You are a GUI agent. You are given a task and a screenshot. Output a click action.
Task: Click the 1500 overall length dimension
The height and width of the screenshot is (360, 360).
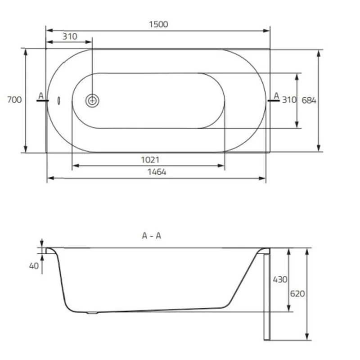(x=158, y=24)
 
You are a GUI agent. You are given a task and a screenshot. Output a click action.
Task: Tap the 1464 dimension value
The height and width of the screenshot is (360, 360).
(x=157, y=172)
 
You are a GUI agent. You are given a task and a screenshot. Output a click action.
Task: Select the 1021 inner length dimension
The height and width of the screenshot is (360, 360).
(x=150, y=160)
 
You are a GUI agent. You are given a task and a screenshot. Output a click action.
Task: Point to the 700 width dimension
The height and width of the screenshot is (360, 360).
(x=14, y=99)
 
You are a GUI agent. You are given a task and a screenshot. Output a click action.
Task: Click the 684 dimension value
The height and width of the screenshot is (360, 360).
(x=309, y=100)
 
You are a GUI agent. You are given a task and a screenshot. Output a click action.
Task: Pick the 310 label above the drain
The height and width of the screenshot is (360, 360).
(x=70, y=36)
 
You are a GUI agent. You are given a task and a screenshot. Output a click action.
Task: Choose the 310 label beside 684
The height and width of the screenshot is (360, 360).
(x=289, y=100)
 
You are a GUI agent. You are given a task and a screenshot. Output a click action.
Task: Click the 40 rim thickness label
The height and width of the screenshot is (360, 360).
(x=34, y=266)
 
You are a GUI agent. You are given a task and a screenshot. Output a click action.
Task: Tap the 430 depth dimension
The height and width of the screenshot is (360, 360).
(x=280, y=279)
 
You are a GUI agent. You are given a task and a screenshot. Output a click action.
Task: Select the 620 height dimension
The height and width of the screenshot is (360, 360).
(x=297, y=293)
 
